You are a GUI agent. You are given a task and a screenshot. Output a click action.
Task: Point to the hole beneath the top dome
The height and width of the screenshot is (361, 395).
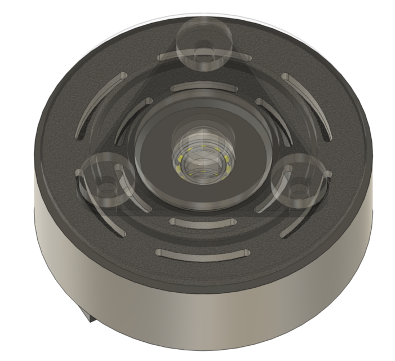pyautogui.click(x=204, y=56)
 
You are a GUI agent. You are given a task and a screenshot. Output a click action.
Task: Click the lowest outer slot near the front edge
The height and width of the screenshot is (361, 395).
pyautogui.click(x=203, y=253)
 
